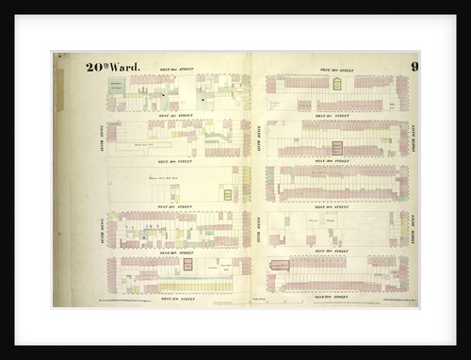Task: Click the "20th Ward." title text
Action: click(x=112, y=66)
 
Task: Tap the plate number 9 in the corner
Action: click(x=414, y=66)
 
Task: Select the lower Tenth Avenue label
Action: click(x=101, y=227)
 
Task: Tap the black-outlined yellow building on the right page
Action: click(x=337, y=84)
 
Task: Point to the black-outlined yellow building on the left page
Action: click(x=227, y=194)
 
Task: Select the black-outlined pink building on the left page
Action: click(x=187, y=265)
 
